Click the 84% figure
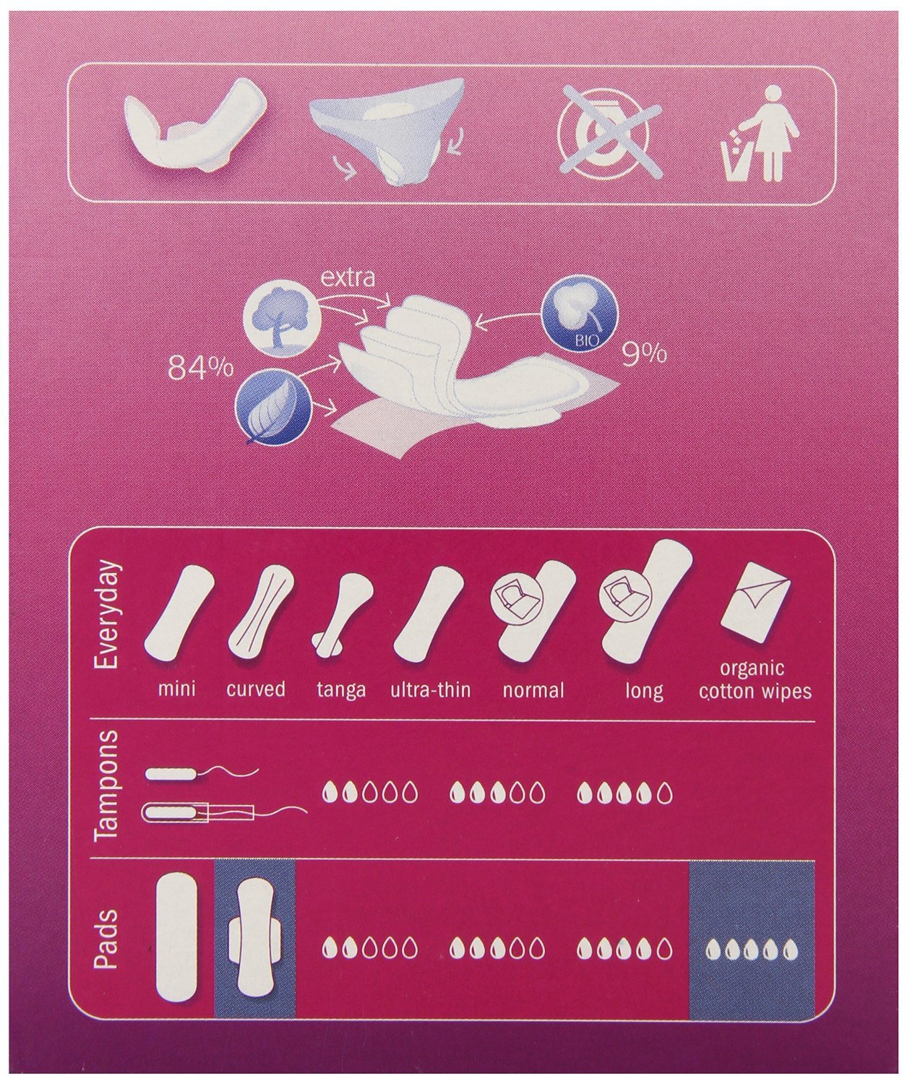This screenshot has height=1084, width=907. coord(200,368)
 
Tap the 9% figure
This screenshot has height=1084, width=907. coord(644,354)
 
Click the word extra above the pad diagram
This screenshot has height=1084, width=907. coord(349,277)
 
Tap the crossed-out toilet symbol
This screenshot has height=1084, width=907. coord(609,138)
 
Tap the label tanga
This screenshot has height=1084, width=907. coord(341,689)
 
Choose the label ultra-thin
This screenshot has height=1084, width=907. coord(431,689)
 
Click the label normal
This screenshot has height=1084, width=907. coord(533,689)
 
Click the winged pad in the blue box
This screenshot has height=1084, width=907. coord(254,934)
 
